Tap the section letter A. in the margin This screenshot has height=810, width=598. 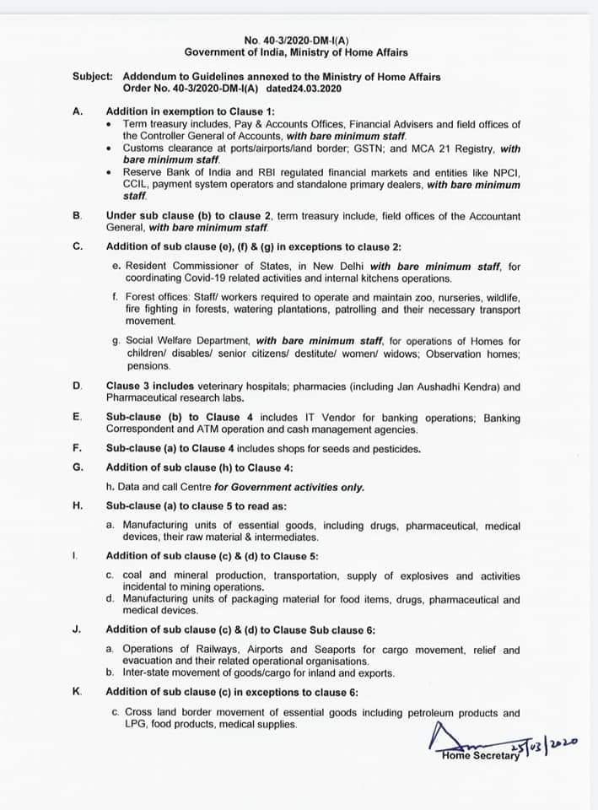(78, 111)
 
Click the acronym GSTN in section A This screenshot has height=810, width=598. (349, 148)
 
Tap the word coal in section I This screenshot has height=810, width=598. (137, 575)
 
